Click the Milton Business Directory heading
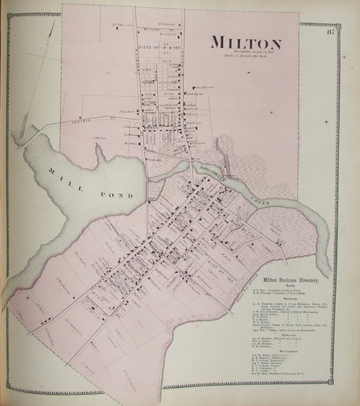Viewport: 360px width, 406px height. [x=281, y=278]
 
